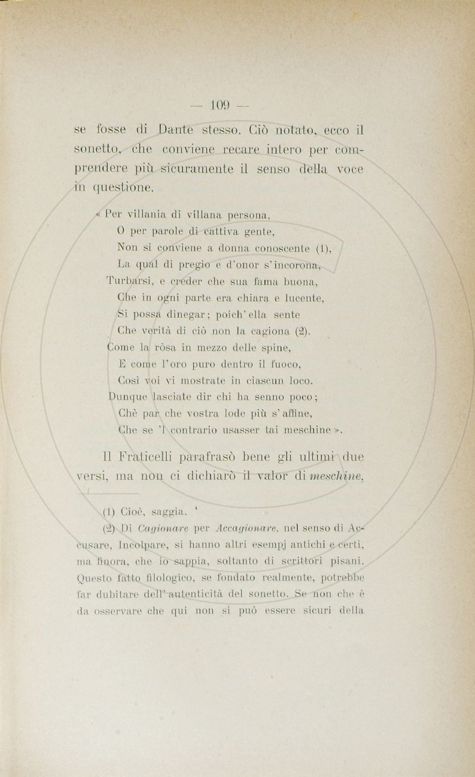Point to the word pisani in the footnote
click(346, 562)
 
